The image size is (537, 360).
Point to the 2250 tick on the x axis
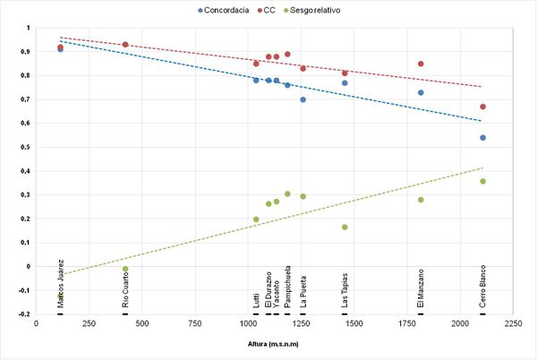tap(513, 323)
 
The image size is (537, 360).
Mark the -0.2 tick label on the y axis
tap(24, 314)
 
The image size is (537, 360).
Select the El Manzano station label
tap(421, 288)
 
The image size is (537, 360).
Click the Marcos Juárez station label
tap(60, 285)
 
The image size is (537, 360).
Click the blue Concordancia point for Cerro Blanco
tap(483, 138)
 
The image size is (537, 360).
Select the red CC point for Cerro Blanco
tap(483, 107)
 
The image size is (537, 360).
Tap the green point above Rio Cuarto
tap(125, 269)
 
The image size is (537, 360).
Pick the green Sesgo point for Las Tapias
tap(345, 227)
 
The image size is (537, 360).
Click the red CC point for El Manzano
tap(421, 64)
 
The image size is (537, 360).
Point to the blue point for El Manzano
tap(421, 92)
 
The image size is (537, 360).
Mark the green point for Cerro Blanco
tap(483, 181)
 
